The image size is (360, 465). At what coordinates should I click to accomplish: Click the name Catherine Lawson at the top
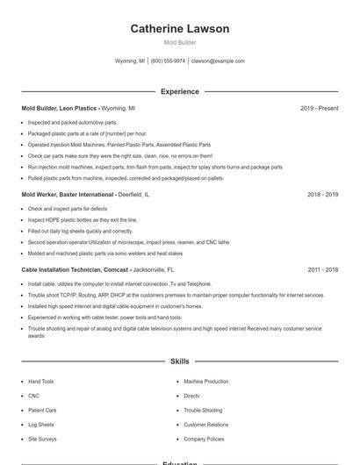(x=180, y=29)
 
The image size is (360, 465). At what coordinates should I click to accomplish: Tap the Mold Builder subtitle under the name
(x=180, y=42)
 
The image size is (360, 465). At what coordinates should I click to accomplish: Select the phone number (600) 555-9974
(x=168, y=61)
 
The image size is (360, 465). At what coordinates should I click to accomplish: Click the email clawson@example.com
(x=218, y=61)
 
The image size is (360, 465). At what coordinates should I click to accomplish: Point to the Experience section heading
(x=180, y=91)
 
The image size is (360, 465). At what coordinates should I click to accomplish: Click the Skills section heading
(x=180, y=361)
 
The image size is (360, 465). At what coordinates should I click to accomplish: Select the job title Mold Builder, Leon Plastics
(x=59, y=108)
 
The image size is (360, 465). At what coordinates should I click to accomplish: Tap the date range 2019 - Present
(x=319, y=108)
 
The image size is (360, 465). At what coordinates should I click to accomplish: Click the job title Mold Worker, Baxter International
(x=68, y=194)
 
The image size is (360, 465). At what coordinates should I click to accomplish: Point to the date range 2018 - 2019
(x=322, y=194)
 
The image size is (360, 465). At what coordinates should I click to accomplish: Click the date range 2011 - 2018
(x=322, y=270)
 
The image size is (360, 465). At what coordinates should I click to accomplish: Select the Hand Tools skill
(x=40, y=382)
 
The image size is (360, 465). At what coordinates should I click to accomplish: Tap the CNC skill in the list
(x=33, y=396)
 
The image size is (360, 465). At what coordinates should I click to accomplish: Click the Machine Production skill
(x=205, y=382)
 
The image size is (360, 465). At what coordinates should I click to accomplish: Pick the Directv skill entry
(x=191, y=396)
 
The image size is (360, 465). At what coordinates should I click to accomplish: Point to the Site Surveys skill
(x=42, y=439)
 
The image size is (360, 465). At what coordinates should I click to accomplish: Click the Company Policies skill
(x=204, y=439)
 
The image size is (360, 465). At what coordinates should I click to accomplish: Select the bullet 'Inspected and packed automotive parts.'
(x=72, y=123)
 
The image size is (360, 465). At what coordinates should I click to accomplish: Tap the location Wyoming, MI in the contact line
(x=131, y=61)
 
